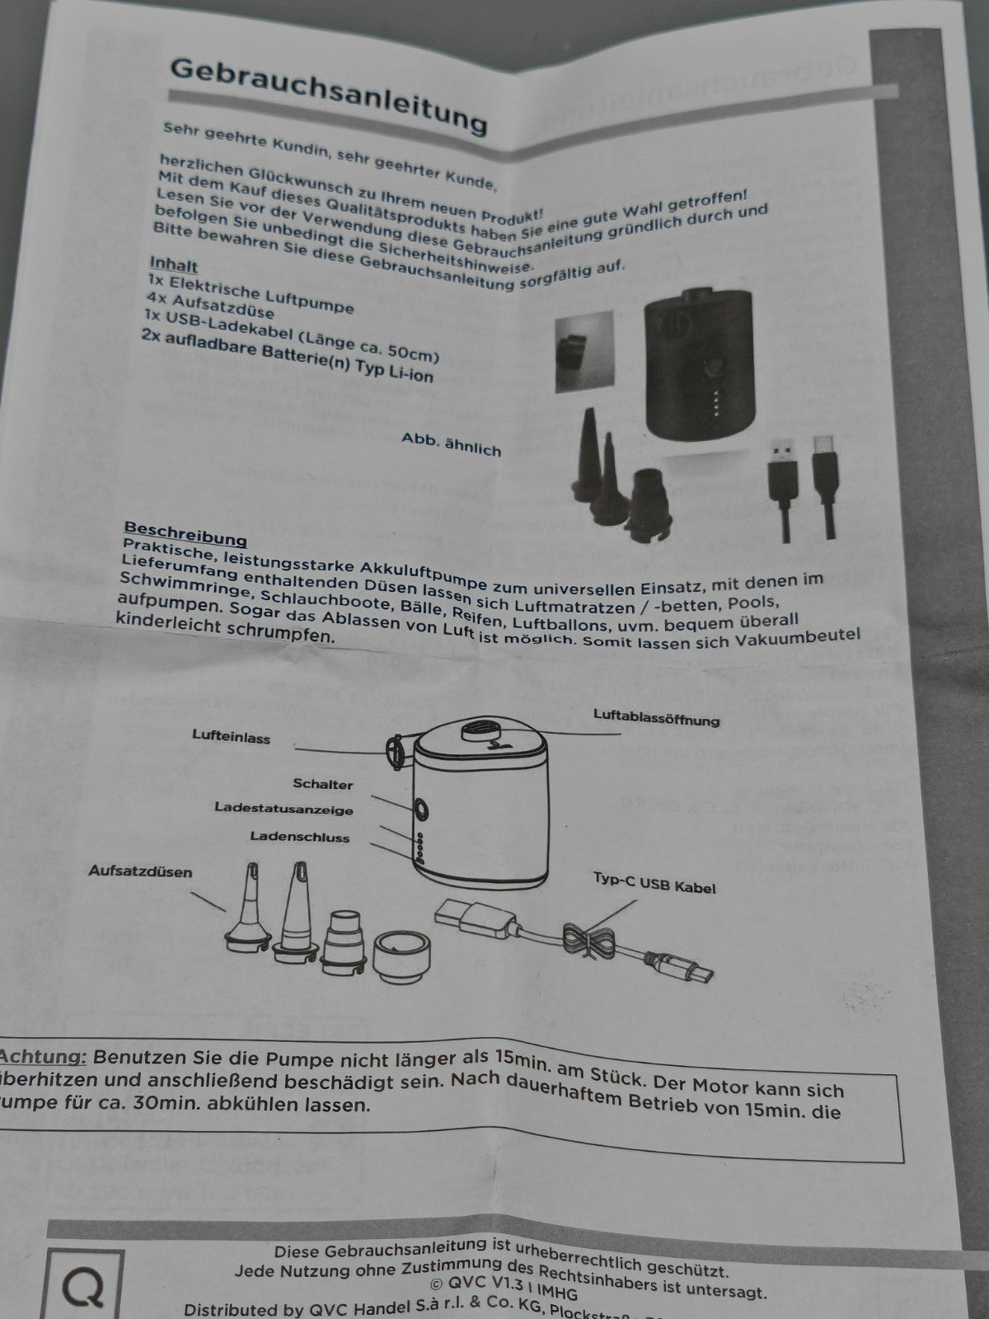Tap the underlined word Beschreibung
click(x=185, y=534)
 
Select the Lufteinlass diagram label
click(x=232, y=737)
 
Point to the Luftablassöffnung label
click(x=656, y=717)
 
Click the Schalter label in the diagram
click(x=322, y=784)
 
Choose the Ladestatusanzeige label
click(x=284, y=809)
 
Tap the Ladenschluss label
click(x=300, y=837)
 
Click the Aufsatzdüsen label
click(x=140, y=871)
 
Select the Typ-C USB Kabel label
click(x=654, y=883)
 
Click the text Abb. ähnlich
click(x=451, y=444)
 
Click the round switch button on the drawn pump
click(x=420, y=810)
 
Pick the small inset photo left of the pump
click(x=584, y=350)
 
